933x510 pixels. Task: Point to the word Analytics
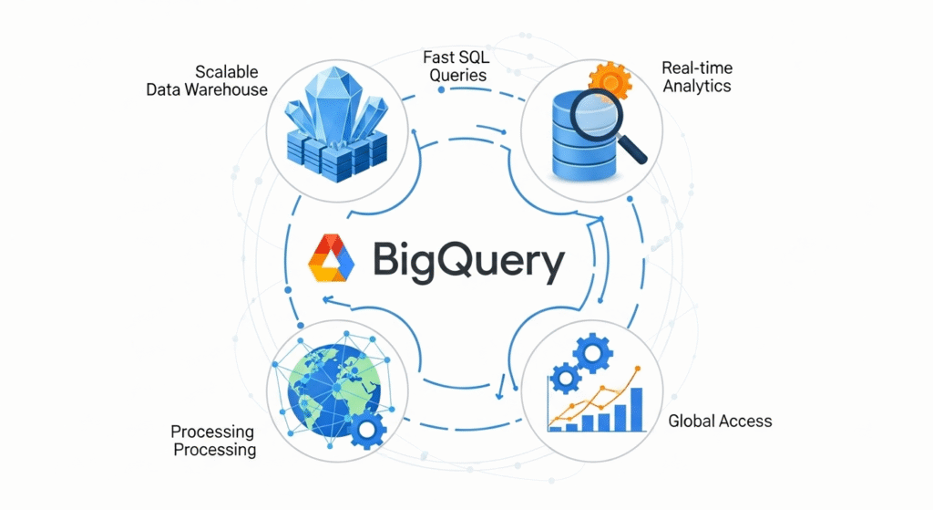click(696, 86)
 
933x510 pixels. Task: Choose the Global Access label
click(720, 421)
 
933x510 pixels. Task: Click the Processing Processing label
click(213, 441)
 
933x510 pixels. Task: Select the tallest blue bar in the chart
click(637, 408)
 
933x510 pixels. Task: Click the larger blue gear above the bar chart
click(596, 350)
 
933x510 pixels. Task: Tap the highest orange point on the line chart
click(638, 369)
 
